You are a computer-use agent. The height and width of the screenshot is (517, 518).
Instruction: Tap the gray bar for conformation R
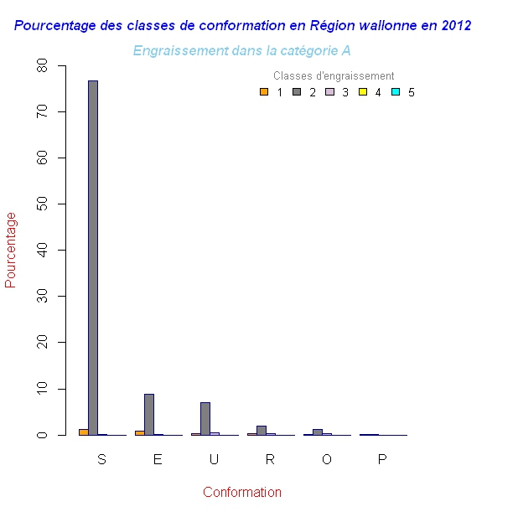262,430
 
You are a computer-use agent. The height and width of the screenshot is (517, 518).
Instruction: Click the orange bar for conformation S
84,432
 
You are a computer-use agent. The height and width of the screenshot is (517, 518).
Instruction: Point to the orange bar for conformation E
140,432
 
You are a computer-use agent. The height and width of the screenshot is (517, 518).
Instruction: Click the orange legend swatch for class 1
264,92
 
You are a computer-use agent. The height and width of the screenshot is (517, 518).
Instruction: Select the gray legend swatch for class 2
297,92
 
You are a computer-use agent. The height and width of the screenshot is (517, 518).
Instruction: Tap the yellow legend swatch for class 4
362,92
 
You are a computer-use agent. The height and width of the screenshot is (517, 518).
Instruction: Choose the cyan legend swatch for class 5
396,92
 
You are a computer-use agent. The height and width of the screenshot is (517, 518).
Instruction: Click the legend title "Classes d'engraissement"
334,76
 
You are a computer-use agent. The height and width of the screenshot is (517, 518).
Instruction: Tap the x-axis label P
382,459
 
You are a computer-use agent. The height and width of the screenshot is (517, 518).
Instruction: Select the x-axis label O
326,459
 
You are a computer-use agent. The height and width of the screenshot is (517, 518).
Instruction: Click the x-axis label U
214,459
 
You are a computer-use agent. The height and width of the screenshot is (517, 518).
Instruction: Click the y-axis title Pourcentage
11,250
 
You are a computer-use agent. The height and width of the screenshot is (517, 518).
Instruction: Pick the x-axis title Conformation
242,493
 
